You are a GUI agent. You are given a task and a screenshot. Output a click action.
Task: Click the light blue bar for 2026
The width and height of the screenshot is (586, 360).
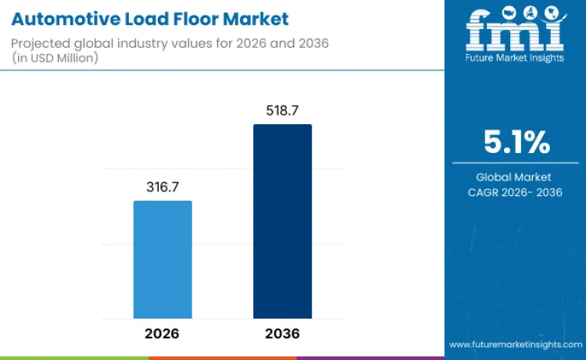(x=163, y=259)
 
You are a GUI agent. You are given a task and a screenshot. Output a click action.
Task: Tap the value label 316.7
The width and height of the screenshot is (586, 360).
(x=163, y=187)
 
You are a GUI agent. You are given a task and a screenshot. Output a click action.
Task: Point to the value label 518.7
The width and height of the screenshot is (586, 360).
(x=282, y=111)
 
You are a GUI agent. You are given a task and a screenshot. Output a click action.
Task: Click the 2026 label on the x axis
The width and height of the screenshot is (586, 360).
(x=163, y=333)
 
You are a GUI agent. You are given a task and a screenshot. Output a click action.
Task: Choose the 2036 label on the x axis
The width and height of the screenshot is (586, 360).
(x=282, y=333)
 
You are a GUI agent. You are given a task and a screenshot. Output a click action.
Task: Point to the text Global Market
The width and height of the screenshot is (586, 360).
(x=515, y=177)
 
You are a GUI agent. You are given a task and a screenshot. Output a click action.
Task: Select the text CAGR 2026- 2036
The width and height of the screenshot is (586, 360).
(x=515, y=192)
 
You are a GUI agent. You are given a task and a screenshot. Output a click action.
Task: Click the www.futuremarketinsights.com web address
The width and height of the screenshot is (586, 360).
(x=516, y=344)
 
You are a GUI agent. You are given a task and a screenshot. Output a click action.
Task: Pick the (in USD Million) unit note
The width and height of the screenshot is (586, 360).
(x=55, y=59)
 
